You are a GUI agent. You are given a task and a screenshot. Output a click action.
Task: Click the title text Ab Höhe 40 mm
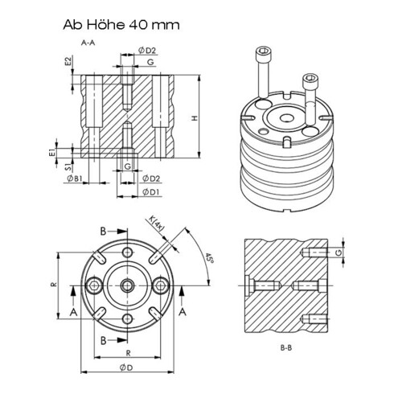[121, 24]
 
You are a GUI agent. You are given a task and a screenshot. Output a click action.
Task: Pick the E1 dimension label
[52, 151]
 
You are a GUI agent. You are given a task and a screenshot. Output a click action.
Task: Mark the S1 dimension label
[68, 167]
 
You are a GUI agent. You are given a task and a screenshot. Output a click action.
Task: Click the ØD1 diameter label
[150, 193]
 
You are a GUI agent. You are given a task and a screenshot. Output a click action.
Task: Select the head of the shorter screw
[309, 80]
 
